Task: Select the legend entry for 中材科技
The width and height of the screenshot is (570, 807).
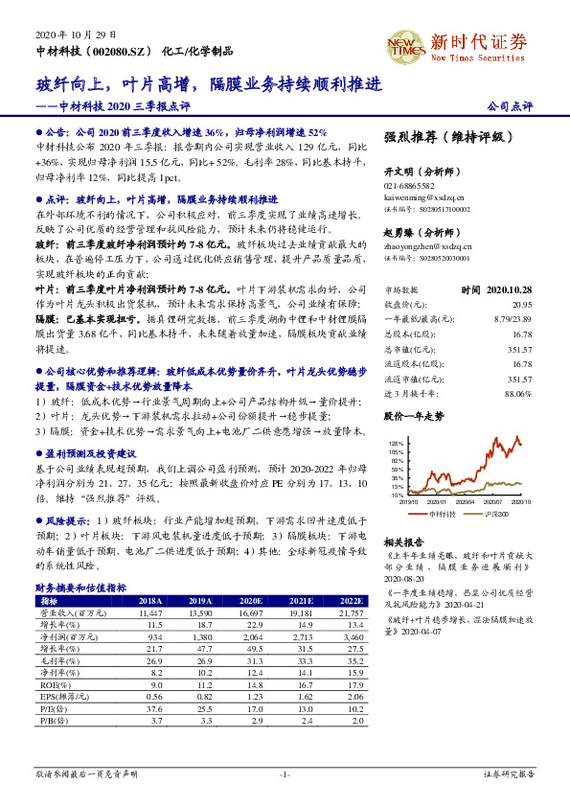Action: (x=442, y=515)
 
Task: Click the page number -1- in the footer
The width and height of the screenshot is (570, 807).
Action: (x=285, y=772)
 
